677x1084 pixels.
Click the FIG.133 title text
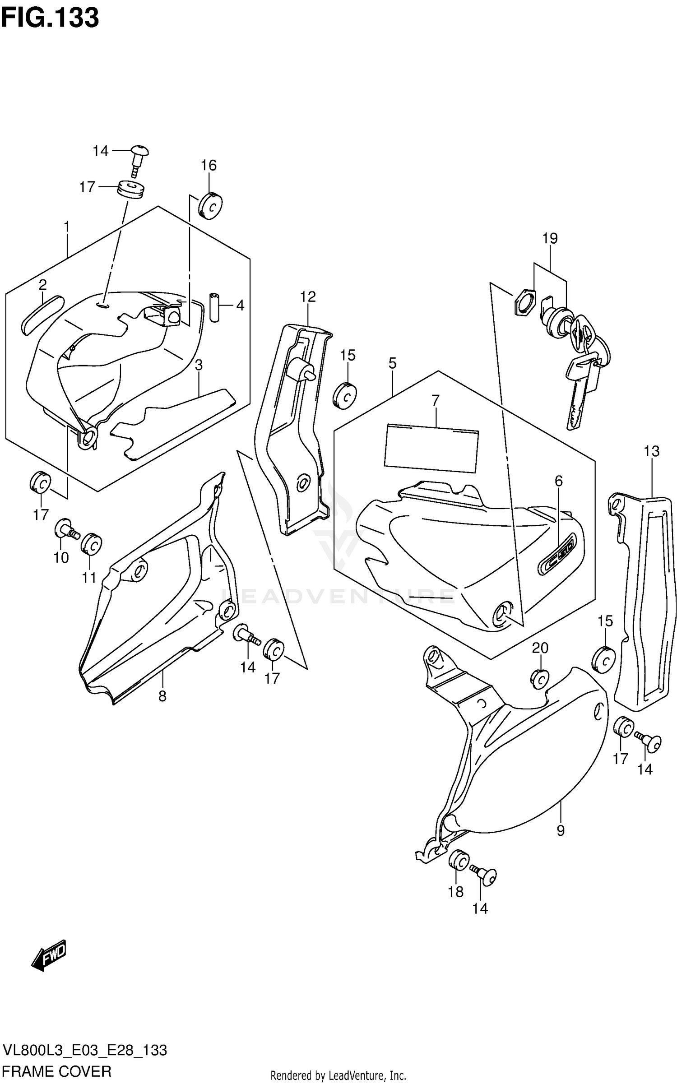tap(50, 18)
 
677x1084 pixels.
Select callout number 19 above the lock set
tap(550, 238)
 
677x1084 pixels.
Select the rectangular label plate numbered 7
tap(431, 448)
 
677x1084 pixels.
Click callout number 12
tap(308, 296)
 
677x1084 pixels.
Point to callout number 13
tap(651, 451)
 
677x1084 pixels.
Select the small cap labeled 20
tap(539, 679)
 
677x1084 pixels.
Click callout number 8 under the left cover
tap(162, 696)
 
